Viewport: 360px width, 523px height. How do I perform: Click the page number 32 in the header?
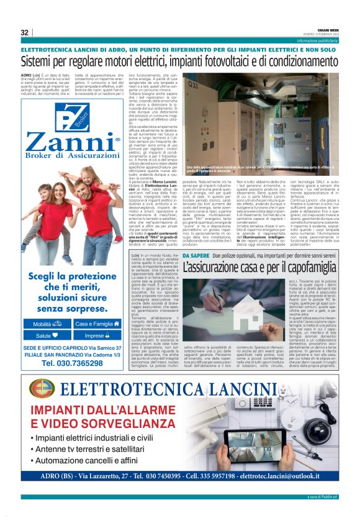click(x=25, y=32)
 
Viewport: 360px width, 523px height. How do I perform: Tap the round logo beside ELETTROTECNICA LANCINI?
click(x=41, y=388)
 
